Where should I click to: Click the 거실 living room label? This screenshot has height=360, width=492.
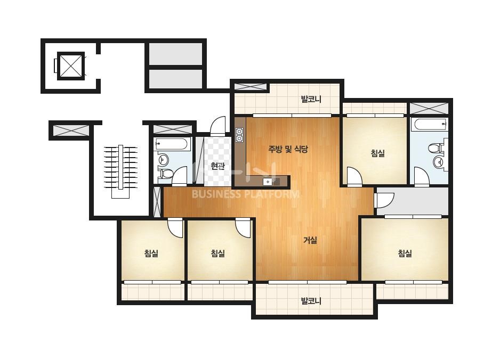(x=310, y=240)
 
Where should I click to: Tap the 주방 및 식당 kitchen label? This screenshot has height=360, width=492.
(x=288, y=149)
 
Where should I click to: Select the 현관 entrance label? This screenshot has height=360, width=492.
(x=217, y=166)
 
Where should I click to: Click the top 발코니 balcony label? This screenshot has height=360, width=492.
(x=311, y=100)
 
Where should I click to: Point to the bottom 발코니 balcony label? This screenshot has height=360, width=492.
(x=311, y=301)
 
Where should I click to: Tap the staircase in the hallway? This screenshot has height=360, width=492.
(x=120, y=171)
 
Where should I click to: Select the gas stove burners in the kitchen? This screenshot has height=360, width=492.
(x=239, y=135)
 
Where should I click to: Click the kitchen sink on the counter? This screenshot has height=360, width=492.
(x=268, y=182)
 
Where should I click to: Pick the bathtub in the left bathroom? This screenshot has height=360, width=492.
(x=171, y=144)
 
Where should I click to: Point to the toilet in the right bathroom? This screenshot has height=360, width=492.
(x=437, y=148)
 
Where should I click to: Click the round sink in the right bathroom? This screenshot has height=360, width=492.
(x=438, y=162)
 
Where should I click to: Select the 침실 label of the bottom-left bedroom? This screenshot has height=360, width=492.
(x=151, y=253)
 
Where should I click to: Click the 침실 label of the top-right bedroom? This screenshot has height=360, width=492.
(x=377, y=153)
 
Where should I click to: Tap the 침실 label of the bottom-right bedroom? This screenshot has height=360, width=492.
(x=405, y=253)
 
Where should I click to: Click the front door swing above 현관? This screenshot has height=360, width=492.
(x=218, y=126)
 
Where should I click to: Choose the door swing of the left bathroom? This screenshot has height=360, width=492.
(x=180, y=175)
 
